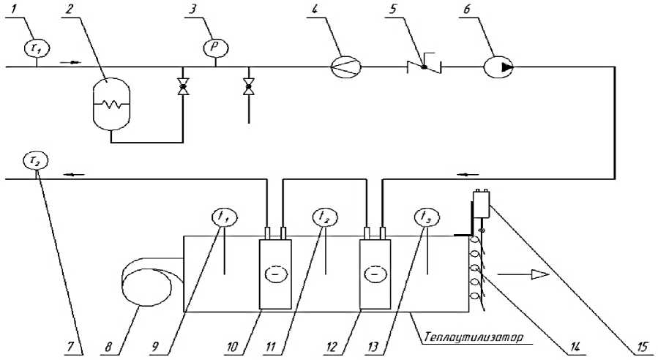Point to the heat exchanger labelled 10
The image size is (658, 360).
(276, 272)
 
